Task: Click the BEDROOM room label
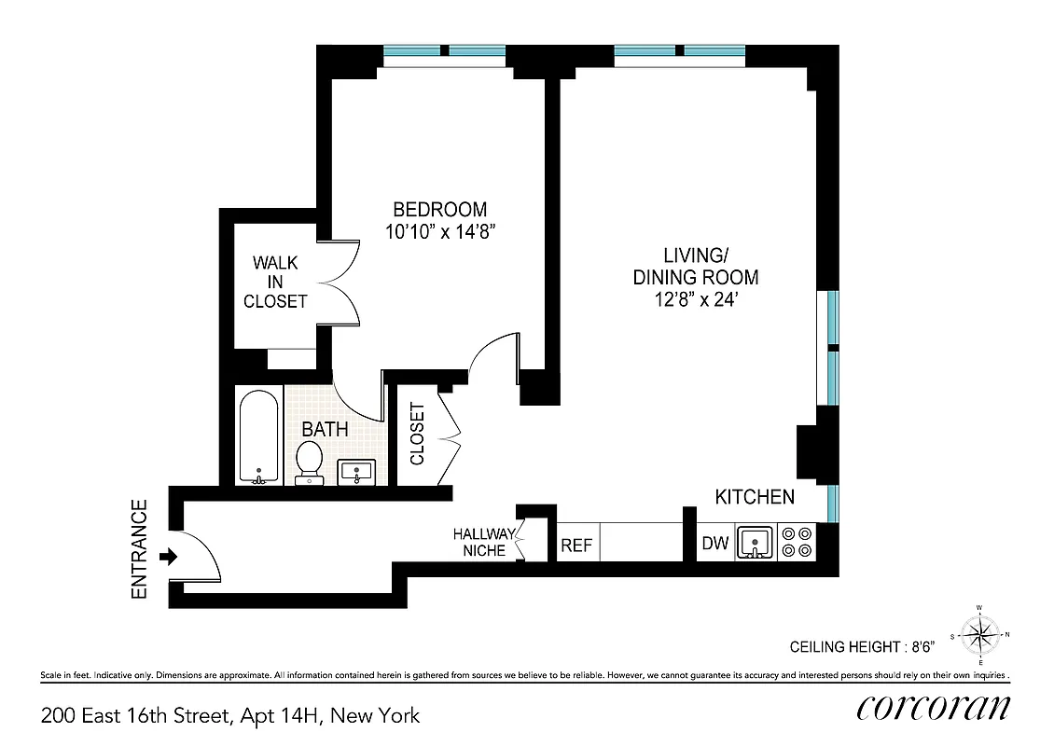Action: tap(439, 210)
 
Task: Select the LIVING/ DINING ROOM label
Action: tap(695, 266)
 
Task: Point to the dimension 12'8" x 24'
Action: tap(695, 300)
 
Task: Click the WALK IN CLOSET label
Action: tap(275, 283)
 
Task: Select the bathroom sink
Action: tap(357, 472)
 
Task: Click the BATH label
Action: tap(325, 430)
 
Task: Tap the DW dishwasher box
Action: tap(715, 544)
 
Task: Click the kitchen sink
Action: tap(755, 542)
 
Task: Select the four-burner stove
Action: tap(797, 543)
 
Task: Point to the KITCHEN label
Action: tap(755, 497)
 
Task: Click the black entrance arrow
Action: tap(169, 557)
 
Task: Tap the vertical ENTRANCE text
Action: tap(140, 549)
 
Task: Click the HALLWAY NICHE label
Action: tap(483, 542)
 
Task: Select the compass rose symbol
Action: tap(978, 637)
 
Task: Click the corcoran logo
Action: tap(932, 708)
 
